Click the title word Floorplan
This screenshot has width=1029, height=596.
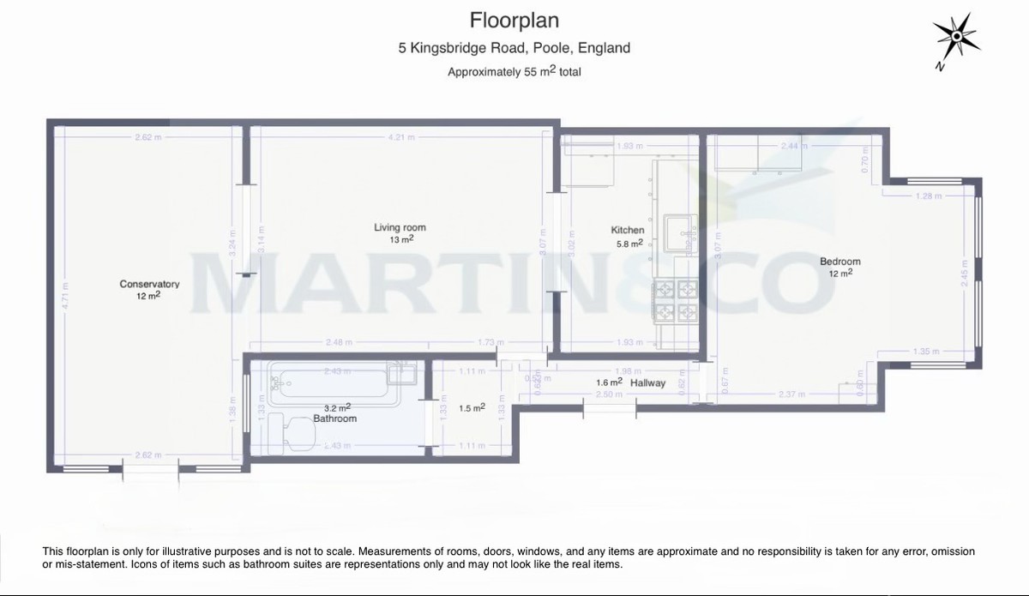[514, 19]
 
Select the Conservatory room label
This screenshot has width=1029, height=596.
[149, 284]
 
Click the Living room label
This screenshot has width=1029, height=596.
[400, 227]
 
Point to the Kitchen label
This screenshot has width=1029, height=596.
[627, 230]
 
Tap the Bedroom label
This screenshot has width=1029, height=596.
[839, 262]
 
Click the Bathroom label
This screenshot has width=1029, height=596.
[334, 418]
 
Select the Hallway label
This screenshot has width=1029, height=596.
[647, 382]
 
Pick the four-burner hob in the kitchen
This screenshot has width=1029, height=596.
[677, 301]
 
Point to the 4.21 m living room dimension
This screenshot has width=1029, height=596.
[400, 137]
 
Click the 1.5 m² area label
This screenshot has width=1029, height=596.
[472, 408]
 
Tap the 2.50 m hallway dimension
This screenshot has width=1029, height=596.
[609, 394]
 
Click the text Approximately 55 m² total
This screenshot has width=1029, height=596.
[514, 72]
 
